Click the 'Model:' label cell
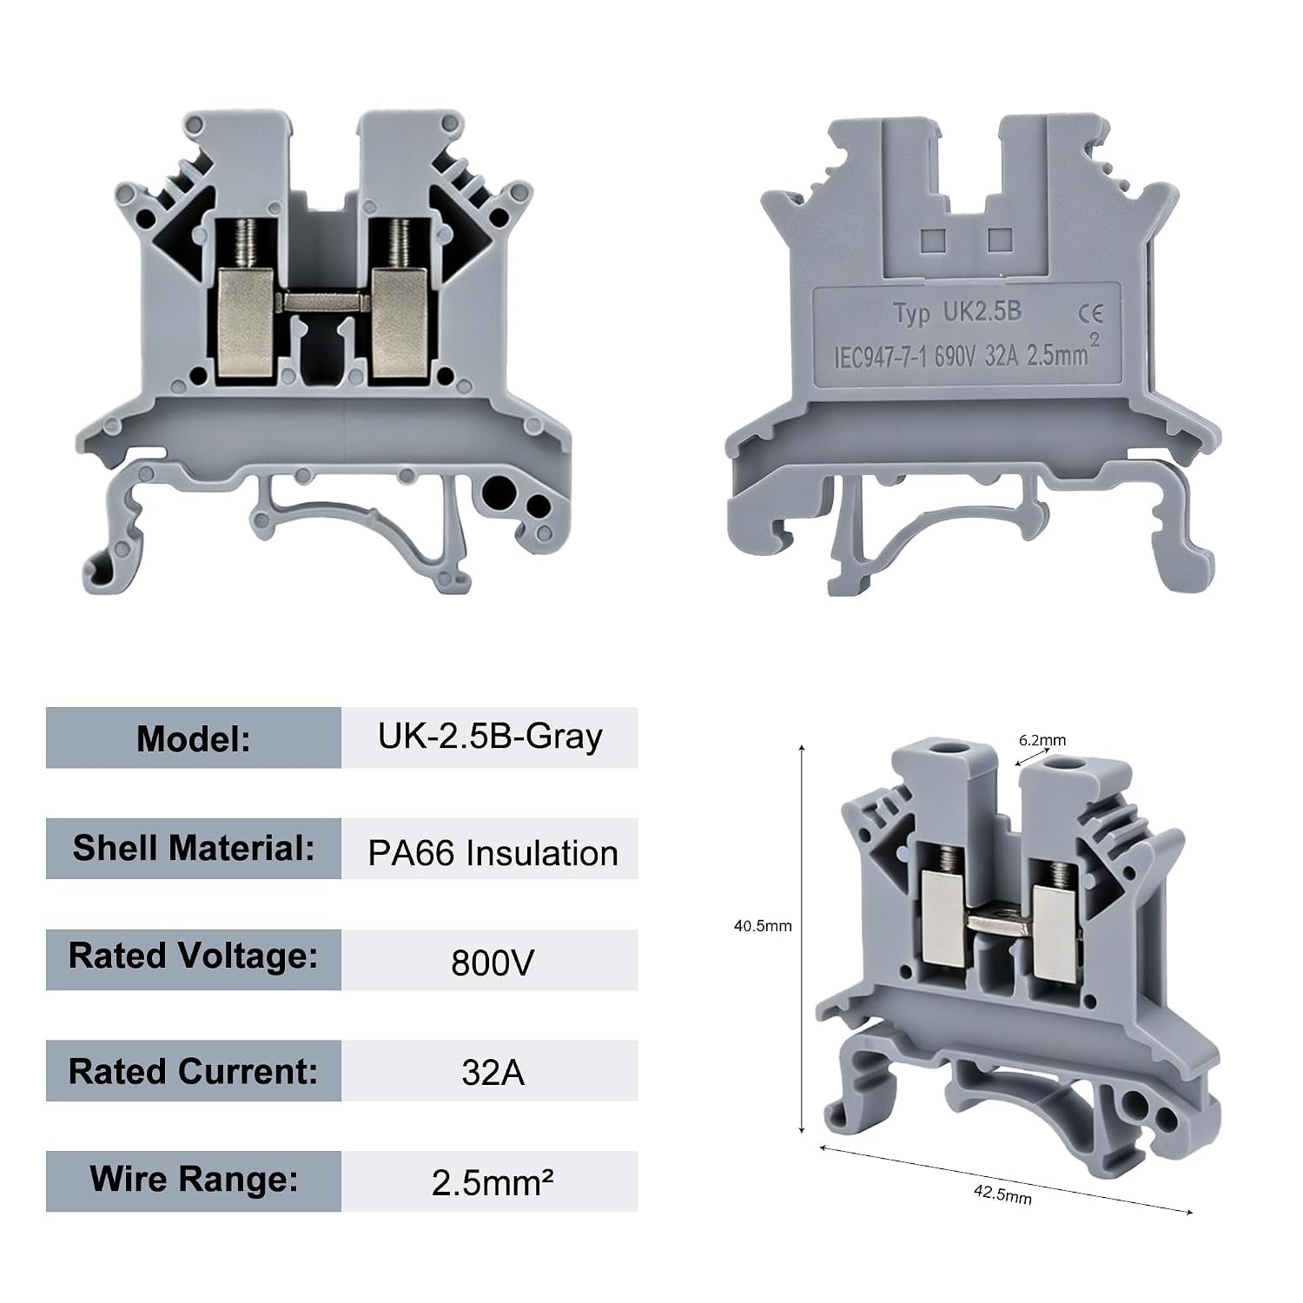(x=193, y=737)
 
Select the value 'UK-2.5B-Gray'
(x=490, y=737)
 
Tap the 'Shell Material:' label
(x=193, y=848)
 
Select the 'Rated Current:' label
(x=193, y=1070)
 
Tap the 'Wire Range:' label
(x=193, y=1181)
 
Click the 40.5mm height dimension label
(x=763, y=926)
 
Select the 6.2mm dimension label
(x=1042, y=741)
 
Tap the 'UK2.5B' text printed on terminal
(x=982, y=313)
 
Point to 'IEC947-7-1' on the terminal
(x=881, y=358)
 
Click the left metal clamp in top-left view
(x=246, y=323)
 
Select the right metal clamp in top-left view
(x=399, y=323)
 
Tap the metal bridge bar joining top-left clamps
(x=322, y=302)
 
